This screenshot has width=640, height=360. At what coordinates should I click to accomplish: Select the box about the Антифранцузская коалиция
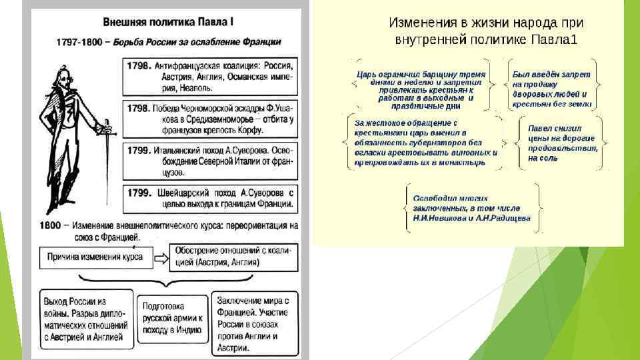[211, 76]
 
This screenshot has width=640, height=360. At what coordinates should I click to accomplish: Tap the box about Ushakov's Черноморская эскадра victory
[211, 117]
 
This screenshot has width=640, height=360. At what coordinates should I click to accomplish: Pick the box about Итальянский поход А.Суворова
[211, 159]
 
